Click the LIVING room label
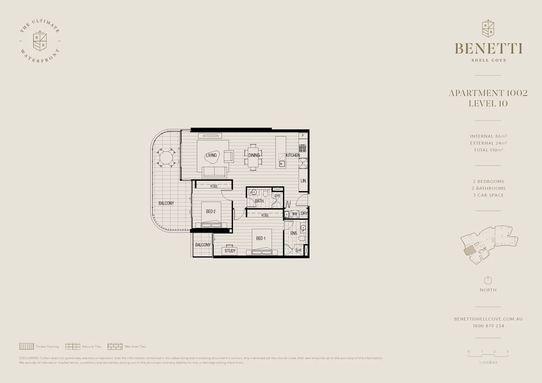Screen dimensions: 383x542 [211, 155]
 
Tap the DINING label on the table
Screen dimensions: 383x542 [254, 155]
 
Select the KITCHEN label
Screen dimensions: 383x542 [293, 155]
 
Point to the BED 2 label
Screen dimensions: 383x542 [211, 212]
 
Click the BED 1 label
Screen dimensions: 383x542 [261, 238]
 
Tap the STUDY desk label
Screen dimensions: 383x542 [230, 251]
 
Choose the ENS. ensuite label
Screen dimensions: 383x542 [294, 233]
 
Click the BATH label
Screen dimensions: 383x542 [259, 201]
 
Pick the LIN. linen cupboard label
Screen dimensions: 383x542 [303, 181]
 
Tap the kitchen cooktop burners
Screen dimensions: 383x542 [303, 148]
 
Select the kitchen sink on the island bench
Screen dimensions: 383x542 [282, 163]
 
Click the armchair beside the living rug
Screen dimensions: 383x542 [228, 156]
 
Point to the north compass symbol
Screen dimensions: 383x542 [488, 280]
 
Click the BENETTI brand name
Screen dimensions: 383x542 [488, 48]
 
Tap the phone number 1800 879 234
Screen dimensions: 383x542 [488, 326]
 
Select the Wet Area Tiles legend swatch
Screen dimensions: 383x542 [115, 346]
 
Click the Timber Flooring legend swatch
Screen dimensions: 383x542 [26, 346]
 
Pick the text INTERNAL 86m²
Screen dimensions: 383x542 [488, 136]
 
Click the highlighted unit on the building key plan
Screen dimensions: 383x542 [470, 251]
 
